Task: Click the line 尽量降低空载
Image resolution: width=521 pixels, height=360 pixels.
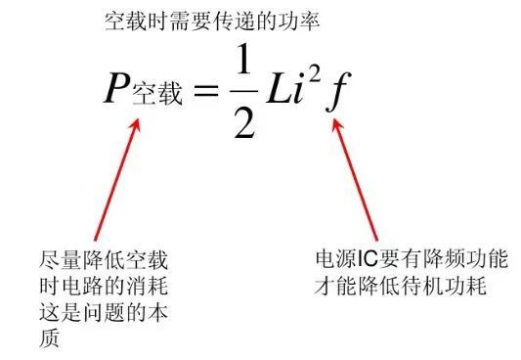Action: point(101,262)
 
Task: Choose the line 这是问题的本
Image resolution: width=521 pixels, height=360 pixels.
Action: point(101,313)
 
